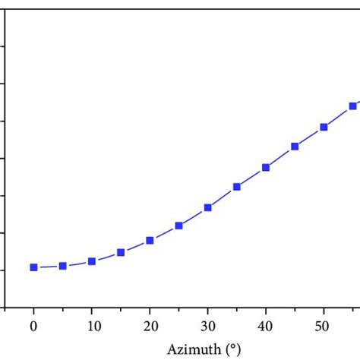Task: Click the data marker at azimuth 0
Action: (33, 267)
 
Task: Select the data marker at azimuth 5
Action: (62, 266)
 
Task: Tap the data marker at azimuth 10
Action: (92, 261)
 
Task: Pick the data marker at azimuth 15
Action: (121, 252)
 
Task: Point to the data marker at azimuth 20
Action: (150, 240)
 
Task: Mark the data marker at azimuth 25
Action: (178, 226)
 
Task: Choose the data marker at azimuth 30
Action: (208, 207)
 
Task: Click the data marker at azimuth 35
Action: (237, 187)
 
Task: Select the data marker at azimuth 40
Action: (266, 167)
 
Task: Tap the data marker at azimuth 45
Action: (295, 146)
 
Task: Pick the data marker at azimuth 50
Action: (324, 127)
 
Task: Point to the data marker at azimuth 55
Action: (352, 106)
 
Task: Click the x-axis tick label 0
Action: (33, 325)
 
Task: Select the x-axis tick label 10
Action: (92, 325)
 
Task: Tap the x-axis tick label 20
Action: (150, 325)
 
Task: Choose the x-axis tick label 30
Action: (208, 325)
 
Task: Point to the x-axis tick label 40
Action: (266, 325)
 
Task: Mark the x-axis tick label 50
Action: (324, 325)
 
